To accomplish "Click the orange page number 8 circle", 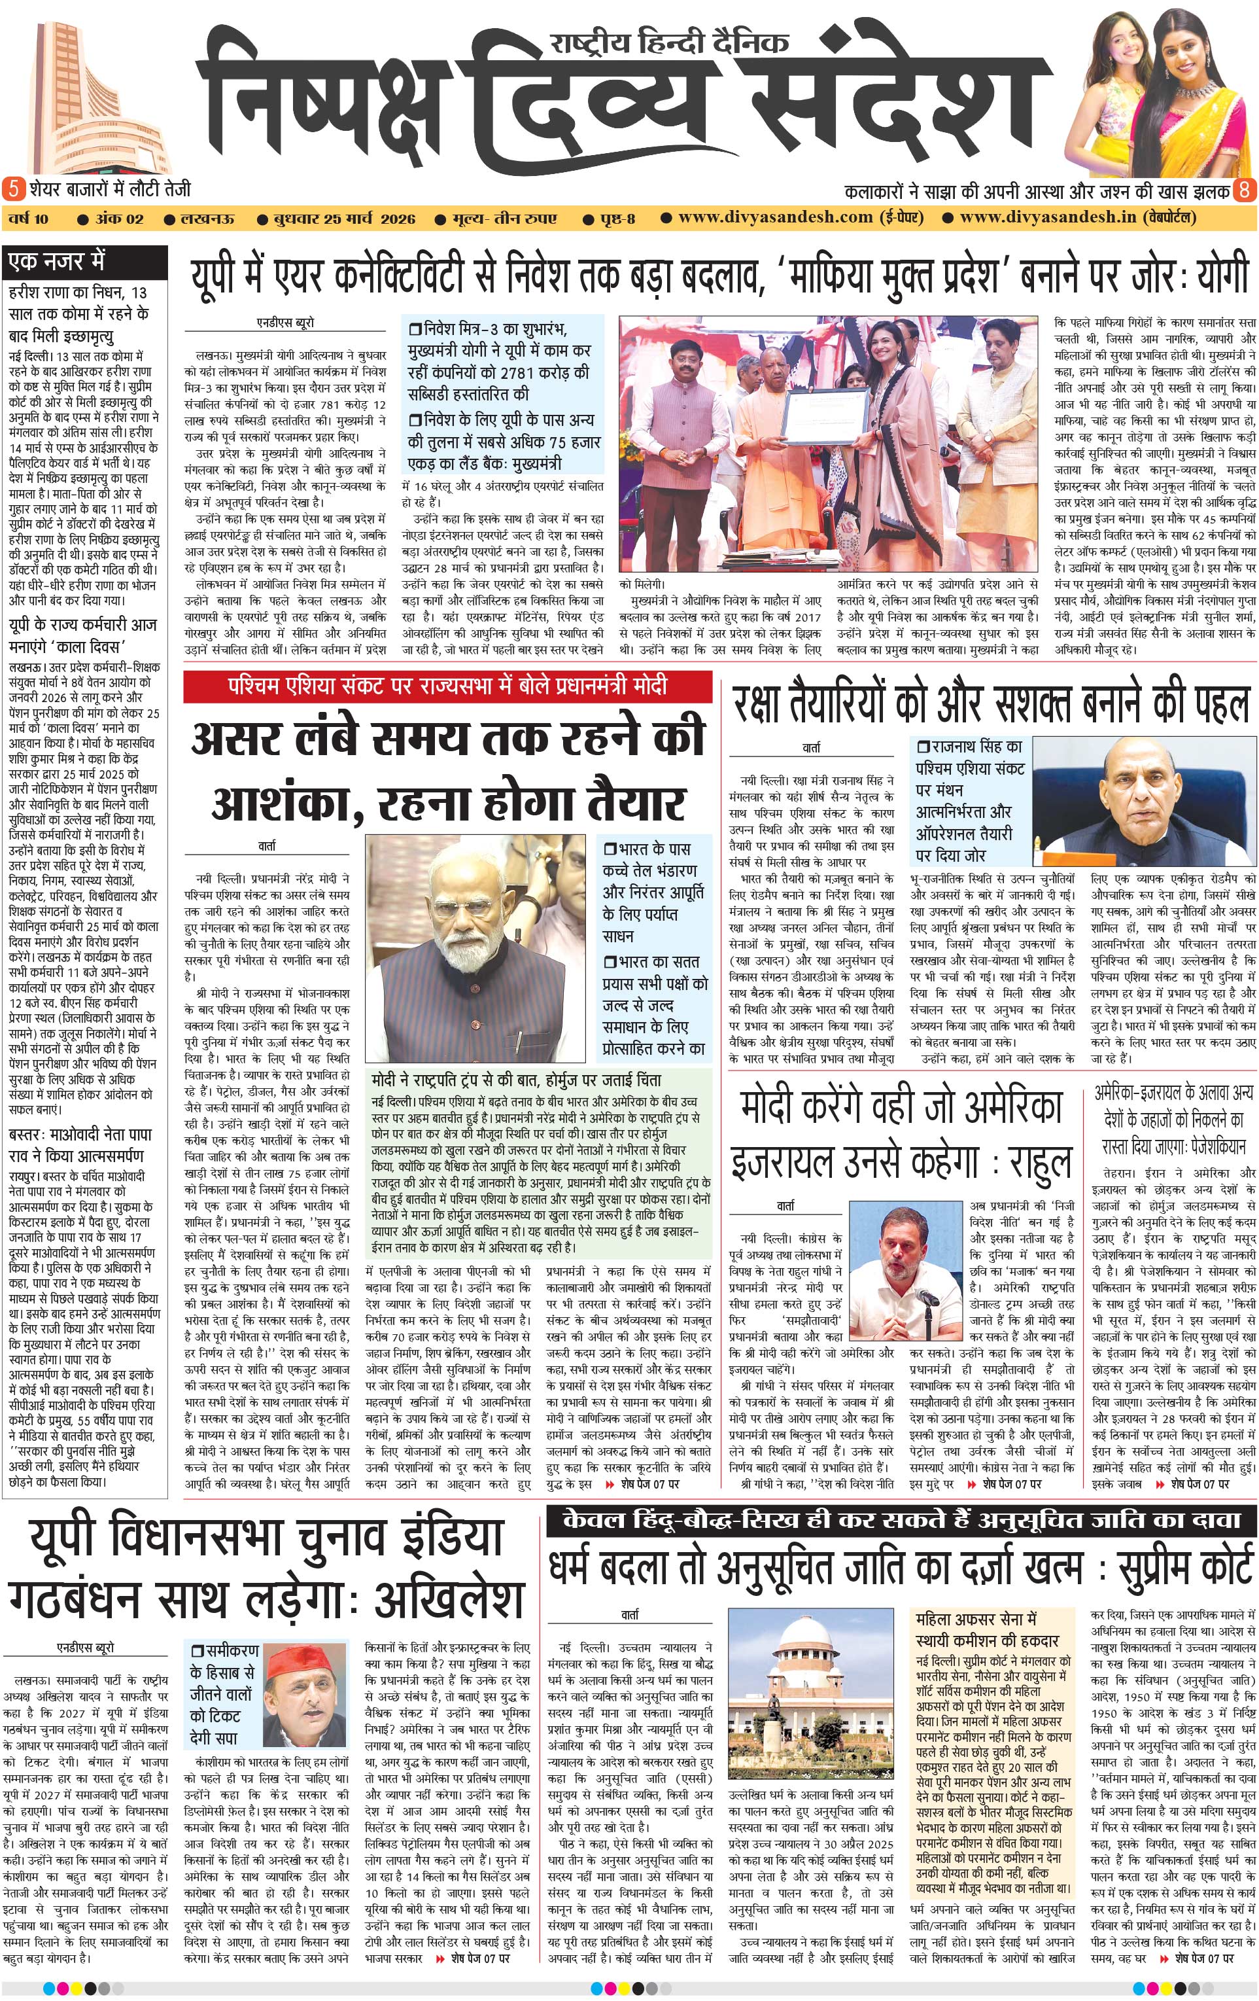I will (x=1244, y=190).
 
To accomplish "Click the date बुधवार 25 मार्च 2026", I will (x=345, y=219).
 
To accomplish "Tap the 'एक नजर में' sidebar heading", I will (x=56, y=262).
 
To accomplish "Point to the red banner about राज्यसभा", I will (x=447, y=686).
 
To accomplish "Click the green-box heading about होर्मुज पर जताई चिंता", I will (x=517, y=1080).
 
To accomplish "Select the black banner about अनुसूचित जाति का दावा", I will (x=901, y=1520).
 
